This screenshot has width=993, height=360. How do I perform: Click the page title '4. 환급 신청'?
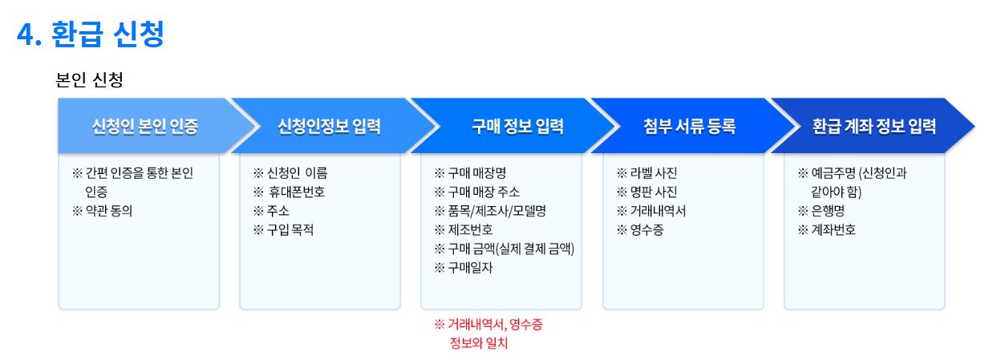91,34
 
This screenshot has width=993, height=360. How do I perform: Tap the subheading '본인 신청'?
88,80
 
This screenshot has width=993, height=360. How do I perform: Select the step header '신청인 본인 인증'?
145,126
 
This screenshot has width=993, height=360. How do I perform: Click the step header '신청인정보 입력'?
329,126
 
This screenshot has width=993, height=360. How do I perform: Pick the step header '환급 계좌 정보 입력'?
873,126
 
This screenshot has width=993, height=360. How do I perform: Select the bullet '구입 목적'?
290,230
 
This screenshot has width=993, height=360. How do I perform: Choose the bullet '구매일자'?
470,268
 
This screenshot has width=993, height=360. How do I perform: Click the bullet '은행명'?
827,211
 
